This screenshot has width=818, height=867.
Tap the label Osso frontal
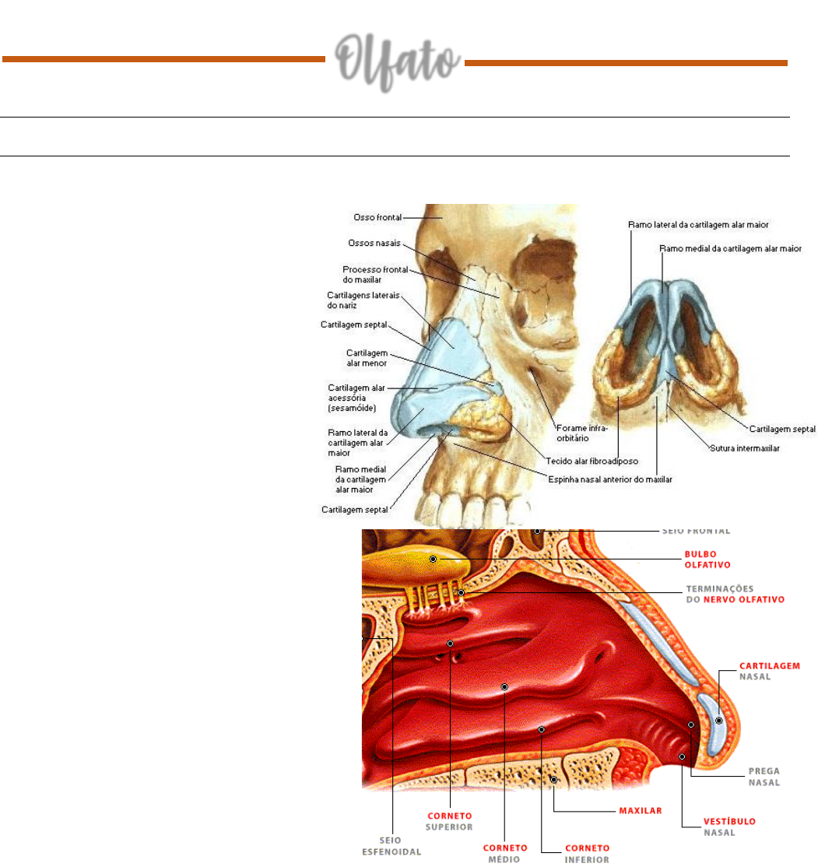point(377,218)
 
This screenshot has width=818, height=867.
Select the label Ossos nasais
point(374,243)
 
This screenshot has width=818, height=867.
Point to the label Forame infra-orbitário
point(582,433)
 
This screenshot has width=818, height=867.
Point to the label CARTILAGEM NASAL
point(770,671)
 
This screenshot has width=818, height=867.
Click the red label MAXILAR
point(640,810)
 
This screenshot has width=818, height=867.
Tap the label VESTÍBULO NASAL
point(729,826)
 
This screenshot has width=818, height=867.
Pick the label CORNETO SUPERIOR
point(451,822)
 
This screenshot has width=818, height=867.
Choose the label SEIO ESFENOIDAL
point(392,845)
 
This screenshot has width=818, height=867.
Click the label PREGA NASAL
point(764,776)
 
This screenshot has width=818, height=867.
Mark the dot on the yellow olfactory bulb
point(433,560)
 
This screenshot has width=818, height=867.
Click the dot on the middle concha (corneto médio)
point(504,687)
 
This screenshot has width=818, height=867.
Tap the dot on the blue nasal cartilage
point(718,721)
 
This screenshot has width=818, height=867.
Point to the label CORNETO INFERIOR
point(587,853)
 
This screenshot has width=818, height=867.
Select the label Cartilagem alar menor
point(367,358)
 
